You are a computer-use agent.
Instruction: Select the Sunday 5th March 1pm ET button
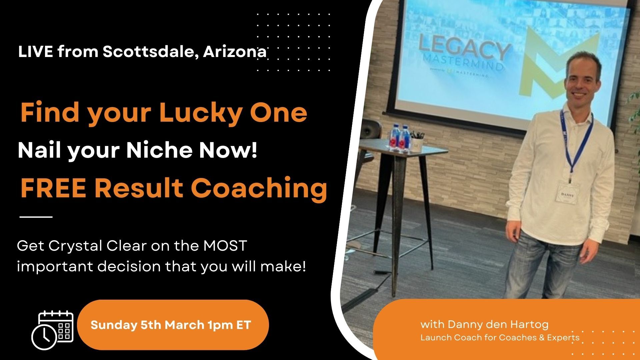pos(173,325)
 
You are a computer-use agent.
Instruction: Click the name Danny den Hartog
pos(498,324)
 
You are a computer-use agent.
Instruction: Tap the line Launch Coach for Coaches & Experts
pos(500,338)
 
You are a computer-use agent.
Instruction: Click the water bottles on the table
pos(400,138)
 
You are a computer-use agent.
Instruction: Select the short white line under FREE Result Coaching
pos(36,217)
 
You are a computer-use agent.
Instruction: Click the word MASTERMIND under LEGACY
pos(463,63)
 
